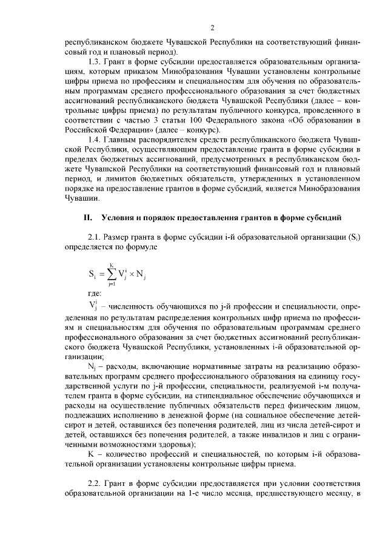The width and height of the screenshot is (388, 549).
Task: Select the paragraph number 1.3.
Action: click(x=95, y=62)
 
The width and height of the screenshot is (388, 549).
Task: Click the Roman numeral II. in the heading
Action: click(x=88, y=217)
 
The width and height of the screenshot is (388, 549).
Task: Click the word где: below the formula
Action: click(x=95, y=292)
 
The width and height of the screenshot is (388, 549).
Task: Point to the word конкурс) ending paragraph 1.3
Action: click(x=204, y=130)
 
